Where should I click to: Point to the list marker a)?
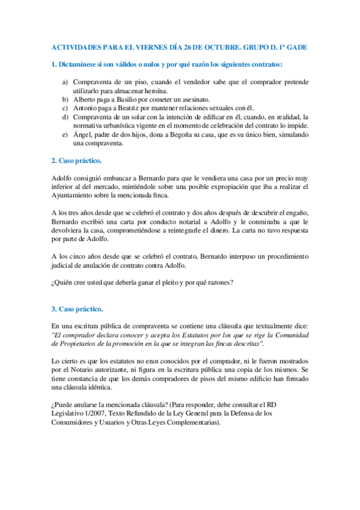point(65,81)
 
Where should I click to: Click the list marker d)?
point(65,117)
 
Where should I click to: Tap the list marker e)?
point(65,135)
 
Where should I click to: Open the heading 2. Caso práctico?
point(76,161)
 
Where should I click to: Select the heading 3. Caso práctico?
point(76,309)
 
